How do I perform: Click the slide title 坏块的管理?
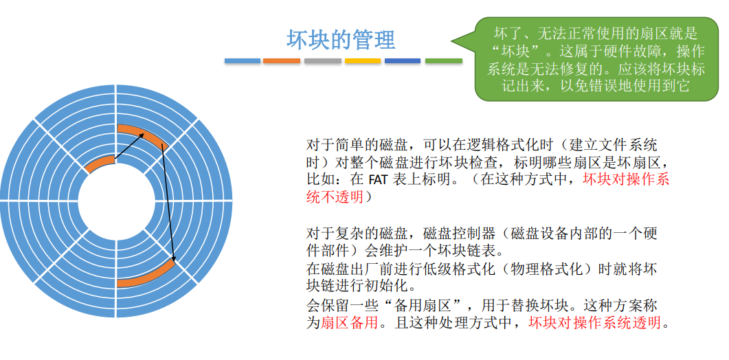click(341, 39)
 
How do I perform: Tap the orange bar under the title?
click(282, 61)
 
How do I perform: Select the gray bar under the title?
click(322, 61)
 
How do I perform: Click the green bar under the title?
click(443, 61)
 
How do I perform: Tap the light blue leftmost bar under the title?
click(242, 61)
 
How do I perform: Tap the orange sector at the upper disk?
click(142, 135)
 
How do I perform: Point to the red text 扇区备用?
click(350, 323)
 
